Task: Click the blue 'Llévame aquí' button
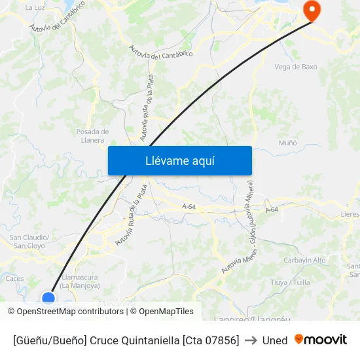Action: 179,160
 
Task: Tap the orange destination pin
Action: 310,11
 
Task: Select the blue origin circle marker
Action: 48,298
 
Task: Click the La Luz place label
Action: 34,8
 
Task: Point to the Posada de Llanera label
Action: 92,135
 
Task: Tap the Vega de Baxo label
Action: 296,67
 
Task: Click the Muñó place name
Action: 288,143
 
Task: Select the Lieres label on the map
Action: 351,214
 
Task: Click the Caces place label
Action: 14,278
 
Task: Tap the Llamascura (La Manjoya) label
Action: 79,281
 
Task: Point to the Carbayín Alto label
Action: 305,260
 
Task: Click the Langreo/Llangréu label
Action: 260,319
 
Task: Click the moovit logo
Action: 321,340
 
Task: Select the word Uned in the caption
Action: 275,340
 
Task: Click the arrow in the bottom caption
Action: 251,340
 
